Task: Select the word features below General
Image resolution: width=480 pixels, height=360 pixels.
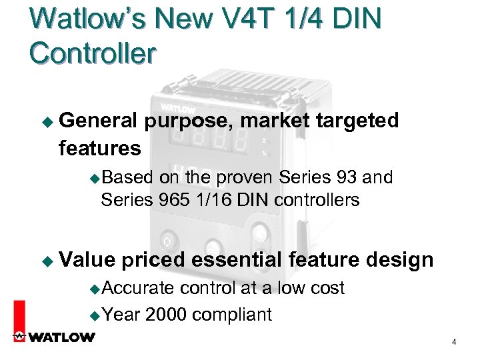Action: coord(100,147)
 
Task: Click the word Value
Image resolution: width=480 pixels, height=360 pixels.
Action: coord(86,260)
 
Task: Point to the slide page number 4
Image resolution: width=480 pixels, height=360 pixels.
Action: coord(454,342)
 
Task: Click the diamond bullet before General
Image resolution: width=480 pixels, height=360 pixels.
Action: coord(46,121)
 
